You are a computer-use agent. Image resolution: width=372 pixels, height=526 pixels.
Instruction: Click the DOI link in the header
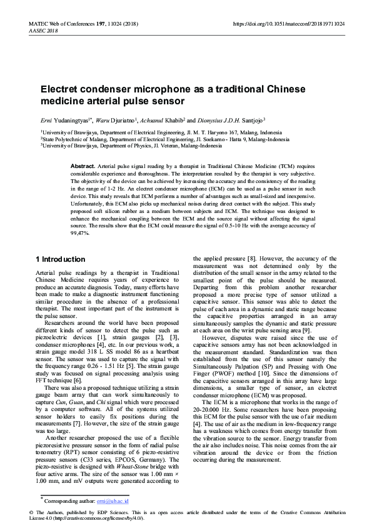(288, 23)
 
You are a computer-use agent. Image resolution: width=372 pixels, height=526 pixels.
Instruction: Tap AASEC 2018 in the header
(43, 30)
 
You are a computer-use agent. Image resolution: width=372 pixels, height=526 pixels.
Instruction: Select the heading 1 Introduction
(61, 259)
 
